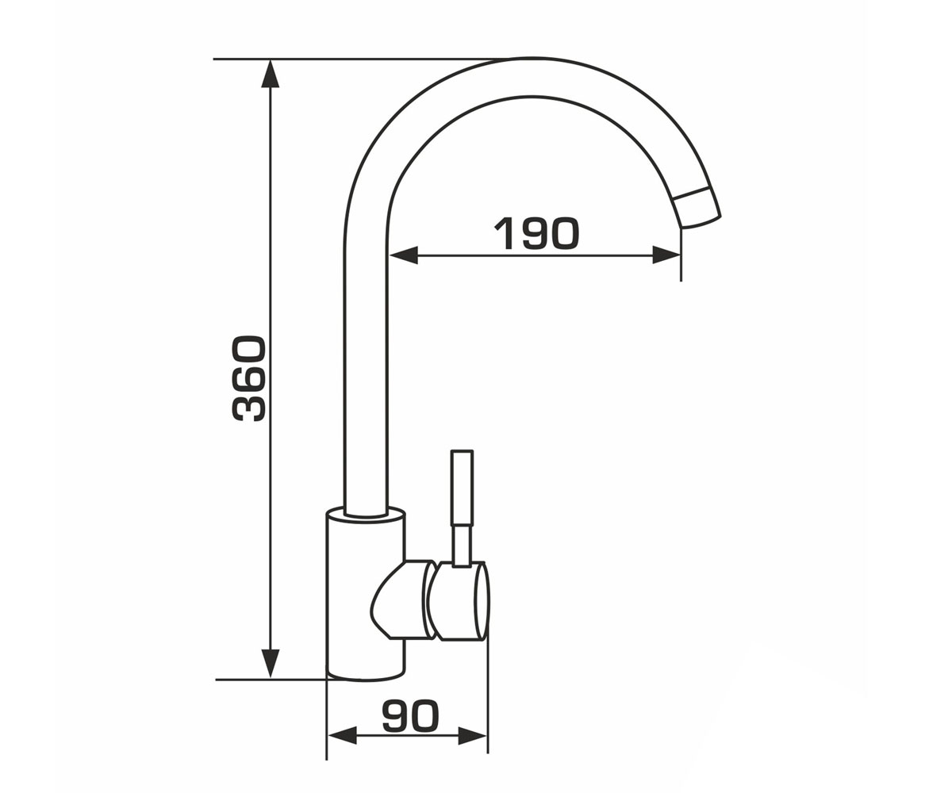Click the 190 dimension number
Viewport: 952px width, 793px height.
click(x=536, y=233)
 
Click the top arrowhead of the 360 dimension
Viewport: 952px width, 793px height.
click(x=271, y=74)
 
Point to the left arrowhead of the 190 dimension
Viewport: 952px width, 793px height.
click(x=403, y=255)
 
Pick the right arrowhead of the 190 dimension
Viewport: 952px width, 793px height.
click(x=666, y=255)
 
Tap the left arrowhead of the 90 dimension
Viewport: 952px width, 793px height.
click(x=342, y=749)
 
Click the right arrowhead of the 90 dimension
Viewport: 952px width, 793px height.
click(x=473, y=749)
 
